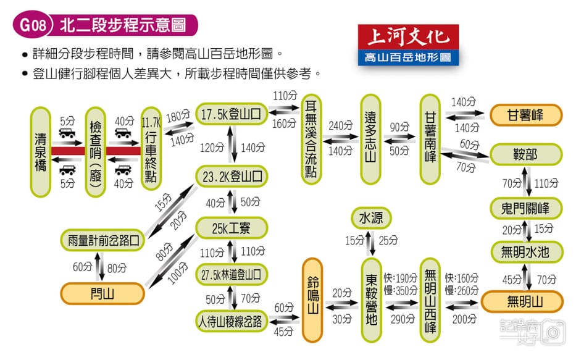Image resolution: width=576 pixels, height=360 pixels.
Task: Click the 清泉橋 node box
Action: [40, 152]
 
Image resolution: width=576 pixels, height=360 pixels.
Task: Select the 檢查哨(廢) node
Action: [95, 152]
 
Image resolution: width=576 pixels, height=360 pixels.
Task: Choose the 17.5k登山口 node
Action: [232, 114]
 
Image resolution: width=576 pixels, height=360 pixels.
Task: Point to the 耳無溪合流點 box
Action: [311, 140]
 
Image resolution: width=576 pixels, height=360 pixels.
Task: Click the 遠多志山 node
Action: [371, 140]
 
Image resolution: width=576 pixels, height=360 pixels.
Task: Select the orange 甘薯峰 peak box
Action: [525, 115]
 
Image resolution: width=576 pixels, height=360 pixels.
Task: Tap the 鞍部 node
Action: [525, 154]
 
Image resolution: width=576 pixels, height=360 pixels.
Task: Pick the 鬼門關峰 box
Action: [525, 207]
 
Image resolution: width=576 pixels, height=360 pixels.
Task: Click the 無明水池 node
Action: [525, 251]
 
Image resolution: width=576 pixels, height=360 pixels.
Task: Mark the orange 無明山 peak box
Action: [522, 301]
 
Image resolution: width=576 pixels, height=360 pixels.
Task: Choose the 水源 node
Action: [371, 219]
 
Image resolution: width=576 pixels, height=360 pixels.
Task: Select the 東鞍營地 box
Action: [371, 299]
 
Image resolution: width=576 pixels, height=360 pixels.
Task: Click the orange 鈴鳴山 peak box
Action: [312, 299]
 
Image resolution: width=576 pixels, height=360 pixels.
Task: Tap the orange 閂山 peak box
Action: [103, 291]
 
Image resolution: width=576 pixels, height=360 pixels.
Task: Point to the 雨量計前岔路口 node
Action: [103, 239]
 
